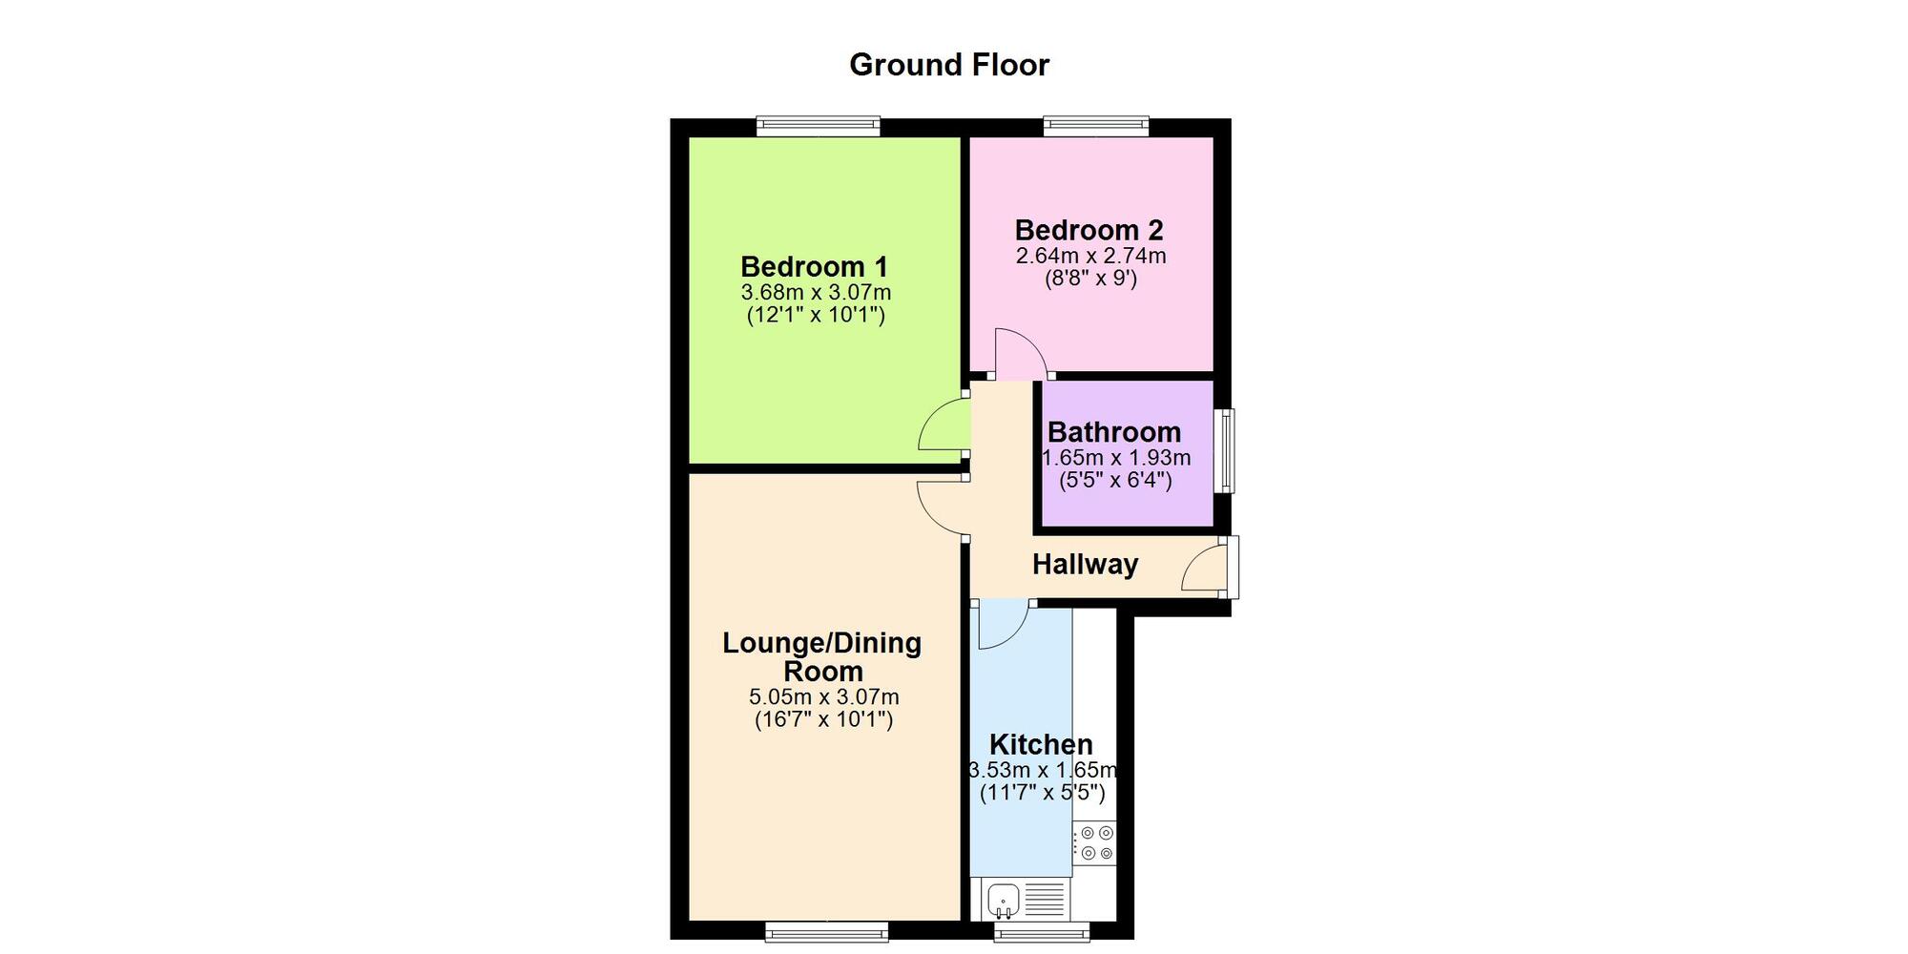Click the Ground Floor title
pos(949,65)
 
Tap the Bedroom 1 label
pos(815,266)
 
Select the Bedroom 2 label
pos(1089,230)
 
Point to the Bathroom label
pos(1114,432)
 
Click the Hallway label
pos(1085,565)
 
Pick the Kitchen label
pos(1041,744)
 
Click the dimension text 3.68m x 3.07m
pos(816,292)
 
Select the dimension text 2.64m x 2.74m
pos(1090,256)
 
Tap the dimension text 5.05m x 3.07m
pos(823,697)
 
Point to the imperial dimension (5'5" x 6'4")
pos(1115,480)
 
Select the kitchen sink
pos(1004,899)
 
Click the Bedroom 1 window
pos(819,126)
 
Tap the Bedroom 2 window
pos(1096,126)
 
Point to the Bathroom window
pos(1224,450)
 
